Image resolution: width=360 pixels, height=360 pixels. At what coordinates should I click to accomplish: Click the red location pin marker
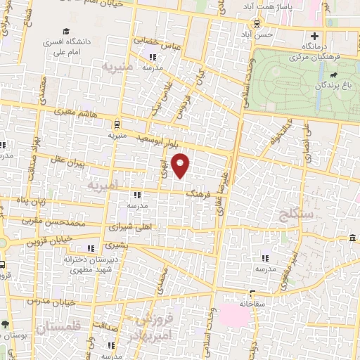[x=181, y=165]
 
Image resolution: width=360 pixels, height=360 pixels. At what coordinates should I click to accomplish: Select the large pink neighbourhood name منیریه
[x=117, y=68]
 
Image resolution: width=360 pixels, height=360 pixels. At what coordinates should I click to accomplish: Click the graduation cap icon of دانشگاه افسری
[x=65, y=32]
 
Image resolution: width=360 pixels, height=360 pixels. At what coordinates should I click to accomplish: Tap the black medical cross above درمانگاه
[x=314, y=36]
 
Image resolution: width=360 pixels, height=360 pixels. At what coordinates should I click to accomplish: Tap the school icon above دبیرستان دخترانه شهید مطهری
[x=91, y=248]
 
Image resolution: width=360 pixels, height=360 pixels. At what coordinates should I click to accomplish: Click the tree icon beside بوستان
[x=6, y=325]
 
